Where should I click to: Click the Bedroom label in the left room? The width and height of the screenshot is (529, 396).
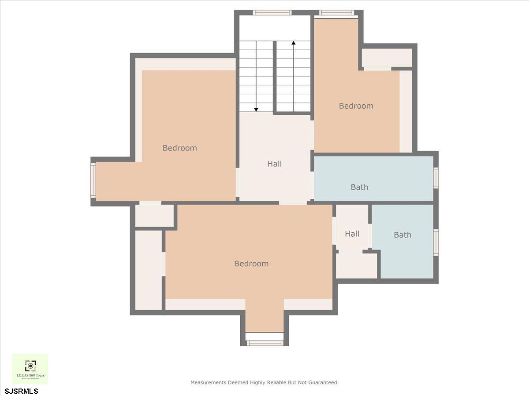(x=179, y=148)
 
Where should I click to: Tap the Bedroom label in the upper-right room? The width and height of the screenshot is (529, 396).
(x=356, y=106)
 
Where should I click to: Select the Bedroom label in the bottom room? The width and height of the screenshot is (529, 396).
(x=251, y=264)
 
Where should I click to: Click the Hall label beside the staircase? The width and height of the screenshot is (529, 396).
(x=274, y=164)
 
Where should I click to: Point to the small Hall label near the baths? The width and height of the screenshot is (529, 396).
(x=352, y=234)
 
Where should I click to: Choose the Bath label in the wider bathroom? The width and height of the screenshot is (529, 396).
(x=359, y=187)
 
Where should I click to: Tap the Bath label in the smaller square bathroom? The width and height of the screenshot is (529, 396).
(x=402, y=235)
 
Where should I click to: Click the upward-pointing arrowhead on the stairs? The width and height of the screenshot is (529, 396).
(x=294, y=43)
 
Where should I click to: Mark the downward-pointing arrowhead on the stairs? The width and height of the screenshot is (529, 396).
(x=256, y=110)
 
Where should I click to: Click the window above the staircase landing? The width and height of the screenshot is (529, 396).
(x=272, y=13)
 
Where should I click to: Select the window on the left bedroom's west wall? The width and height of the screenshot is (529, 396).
(x=93, y=180)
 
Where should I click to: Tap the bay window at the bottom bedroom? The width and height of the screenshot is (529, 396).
(x=264, y=343)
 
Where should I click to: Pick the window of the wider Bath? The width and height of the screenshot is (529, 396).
(x=436, y=178)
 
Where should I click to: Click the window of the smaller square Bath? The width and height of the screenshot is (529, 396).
(x=436, y=242)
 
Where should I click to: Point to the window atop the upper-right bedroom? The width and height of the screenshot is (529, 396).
(x=337, y=13)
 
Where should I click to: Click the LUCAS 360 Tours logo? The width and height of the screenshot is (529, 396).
(x=30, y=369)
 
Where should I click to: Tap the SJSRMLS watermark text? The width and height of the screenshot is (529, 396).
(x=22, y=391)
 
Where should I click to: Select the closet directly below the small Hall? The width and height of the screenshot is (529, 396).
(x=357, y=265)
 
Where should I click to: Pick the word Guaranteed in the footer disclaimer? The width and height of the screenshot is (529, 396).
(x=321, y=382)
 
